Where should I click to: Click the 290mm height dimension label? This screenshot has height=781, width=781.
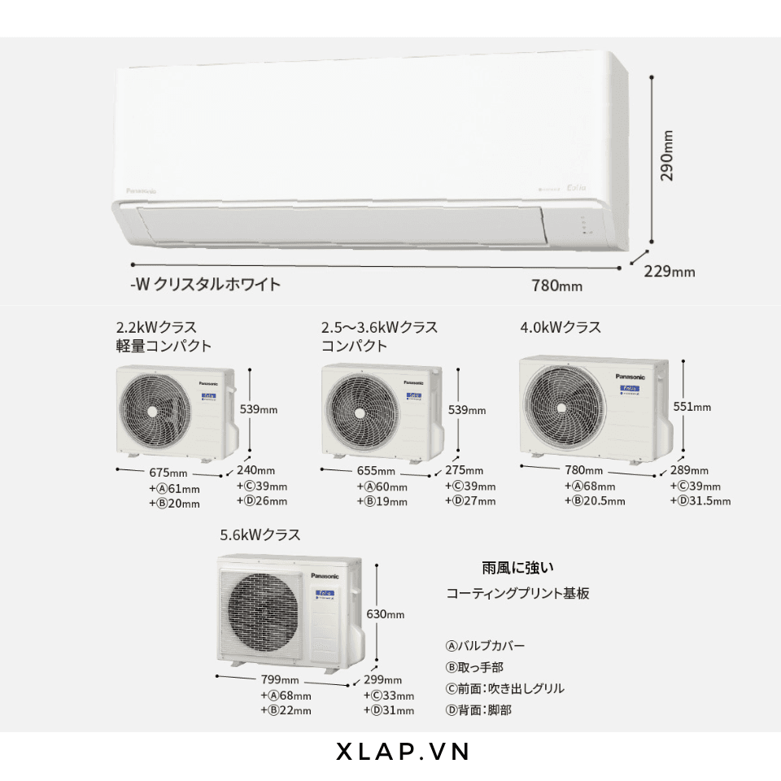tap(667, 155)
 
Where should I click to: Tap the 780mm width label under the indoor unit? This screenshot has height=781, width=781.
tap(556, 286)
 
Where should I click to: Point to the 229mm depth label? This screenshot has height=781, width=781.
tap(670, 271)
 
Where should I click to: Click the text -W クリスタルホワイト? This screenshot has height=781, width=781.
tap(205, 284)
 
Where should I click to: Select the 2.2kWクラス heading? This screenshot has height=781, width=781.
tap(156, 327)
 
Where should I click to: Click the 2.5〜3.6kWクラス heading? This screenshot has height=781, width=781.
tap(379, 327)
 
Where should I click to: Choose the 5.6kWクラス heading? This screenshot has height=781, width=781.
tap(260, 535)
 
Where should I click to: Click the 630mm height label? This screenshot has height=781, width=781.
tap(385, 614)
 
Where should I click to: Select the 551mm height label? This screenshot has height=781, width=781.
tap(692, 407)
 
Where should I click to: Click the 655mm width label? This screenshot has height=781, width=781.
tap(375, 471)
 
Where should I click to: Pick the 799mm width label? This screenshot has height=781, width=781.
tap(280, 680)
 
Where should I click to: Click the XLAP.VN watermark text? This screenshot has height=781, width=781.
tap(404, 752)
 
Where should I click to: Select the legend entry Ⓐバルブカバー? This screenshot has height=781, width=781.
tap(485, 646)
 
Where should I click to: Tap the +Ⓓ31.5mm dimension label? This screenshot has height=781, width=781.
tap(701, 500)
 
